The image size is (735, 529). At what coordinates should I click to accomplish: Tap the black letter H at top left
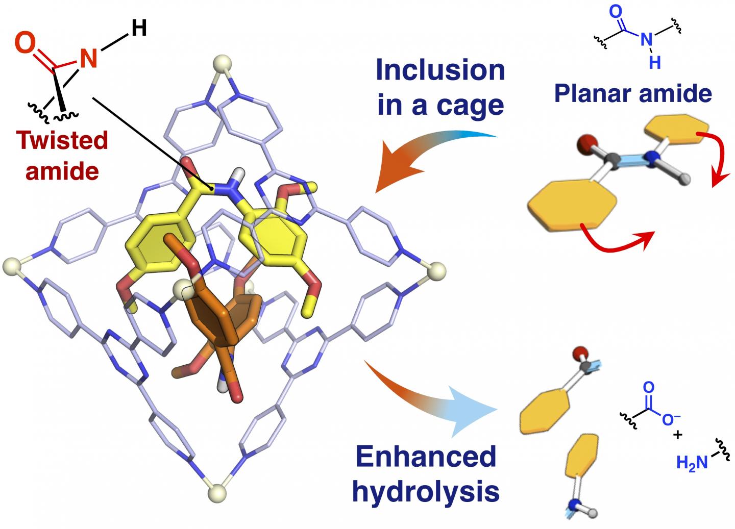(x=138, y=28)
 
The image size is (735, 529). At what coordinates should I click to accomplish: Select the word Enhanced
(x=426, y=457)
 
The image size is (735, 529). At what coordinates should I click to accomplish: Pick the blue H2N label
(x=692, y=463)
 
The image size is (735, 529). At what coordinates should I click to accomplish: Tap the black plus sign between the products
(x=677, y=435)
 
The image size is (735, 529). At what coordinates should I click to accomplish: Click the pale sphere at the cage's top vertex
(x=223, y=65)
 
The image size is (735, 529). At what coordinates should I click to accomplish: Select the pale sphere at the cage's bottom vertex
(x=219, y=493)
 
